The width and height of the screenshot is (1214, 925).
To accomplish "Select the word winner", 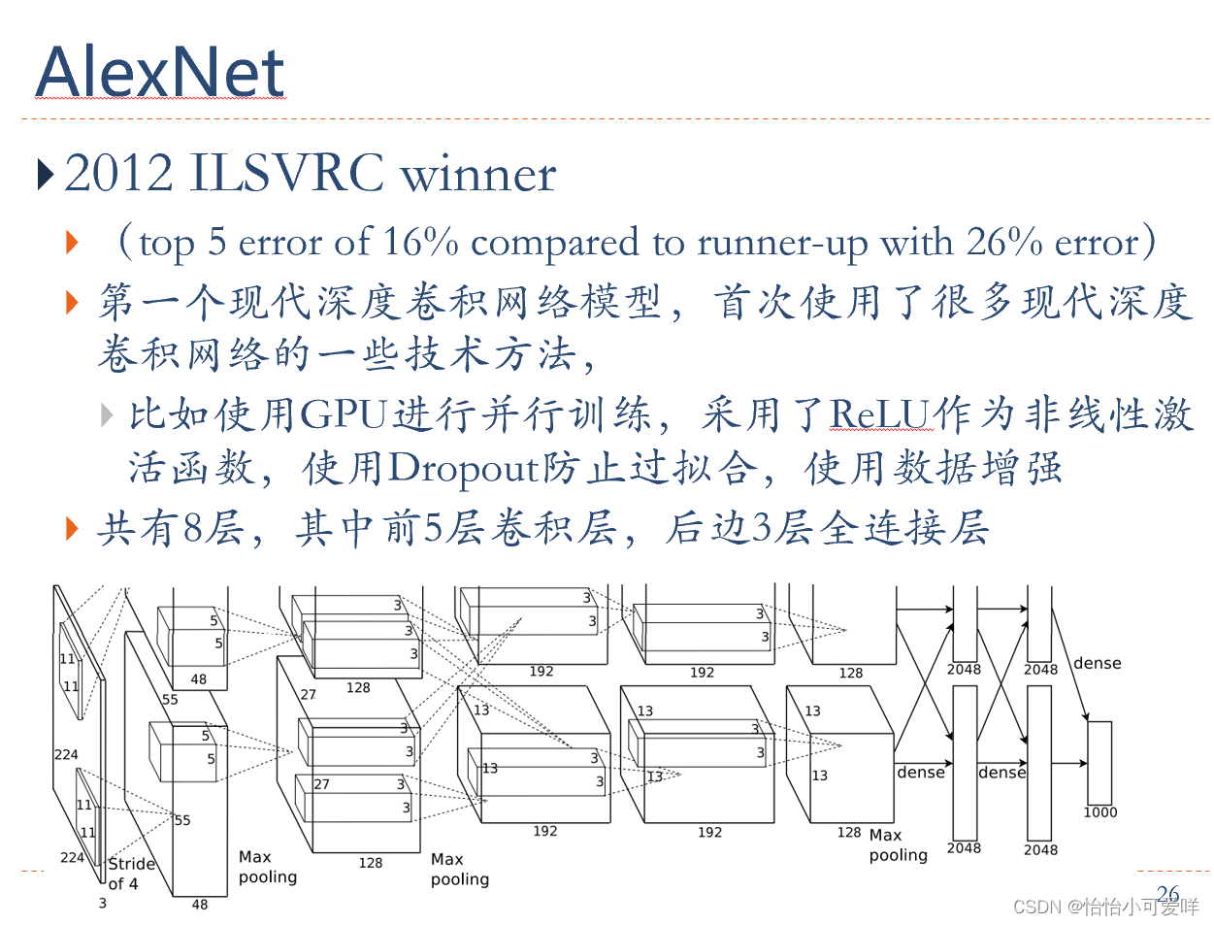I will point(478,175).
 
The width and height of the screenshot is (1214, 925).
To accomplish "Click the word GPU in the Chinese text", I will point(344,414).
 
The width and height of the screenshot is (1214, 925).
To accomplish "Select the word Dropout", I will point(463,468).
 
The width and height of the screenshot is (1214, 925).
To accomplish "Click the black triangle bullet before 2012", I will point(45,175).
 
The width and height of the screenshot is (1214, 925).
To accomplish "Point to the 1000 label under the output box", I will point(1099,812).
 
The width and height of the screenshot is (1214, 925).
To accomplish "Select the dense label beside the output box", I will point(1098,663).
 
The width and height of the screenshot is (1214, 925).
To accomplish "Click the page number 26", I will point(1167,893).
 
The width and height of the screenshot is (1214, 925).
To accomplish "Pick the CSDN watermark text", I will point(1105,907).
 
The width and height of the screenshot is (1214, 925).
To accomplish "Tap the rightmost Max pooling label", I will point(898,845).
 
